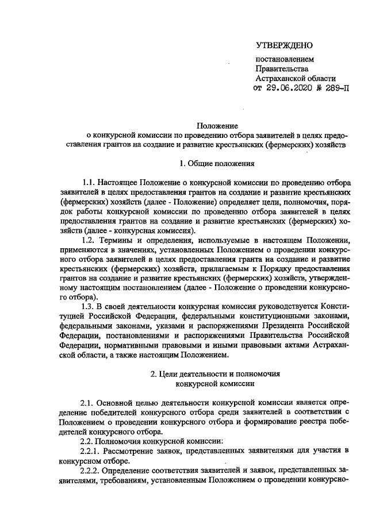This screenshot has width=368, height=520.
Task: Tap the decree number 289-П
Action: coord(335,88)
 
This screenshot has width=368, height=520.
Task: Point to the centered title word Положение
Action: coord(213,125)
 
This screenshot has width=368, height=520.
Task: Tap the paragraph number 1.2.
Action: coord(90,239)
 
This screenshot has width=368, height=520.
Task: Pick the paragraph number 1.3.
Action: coord(90,306)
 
